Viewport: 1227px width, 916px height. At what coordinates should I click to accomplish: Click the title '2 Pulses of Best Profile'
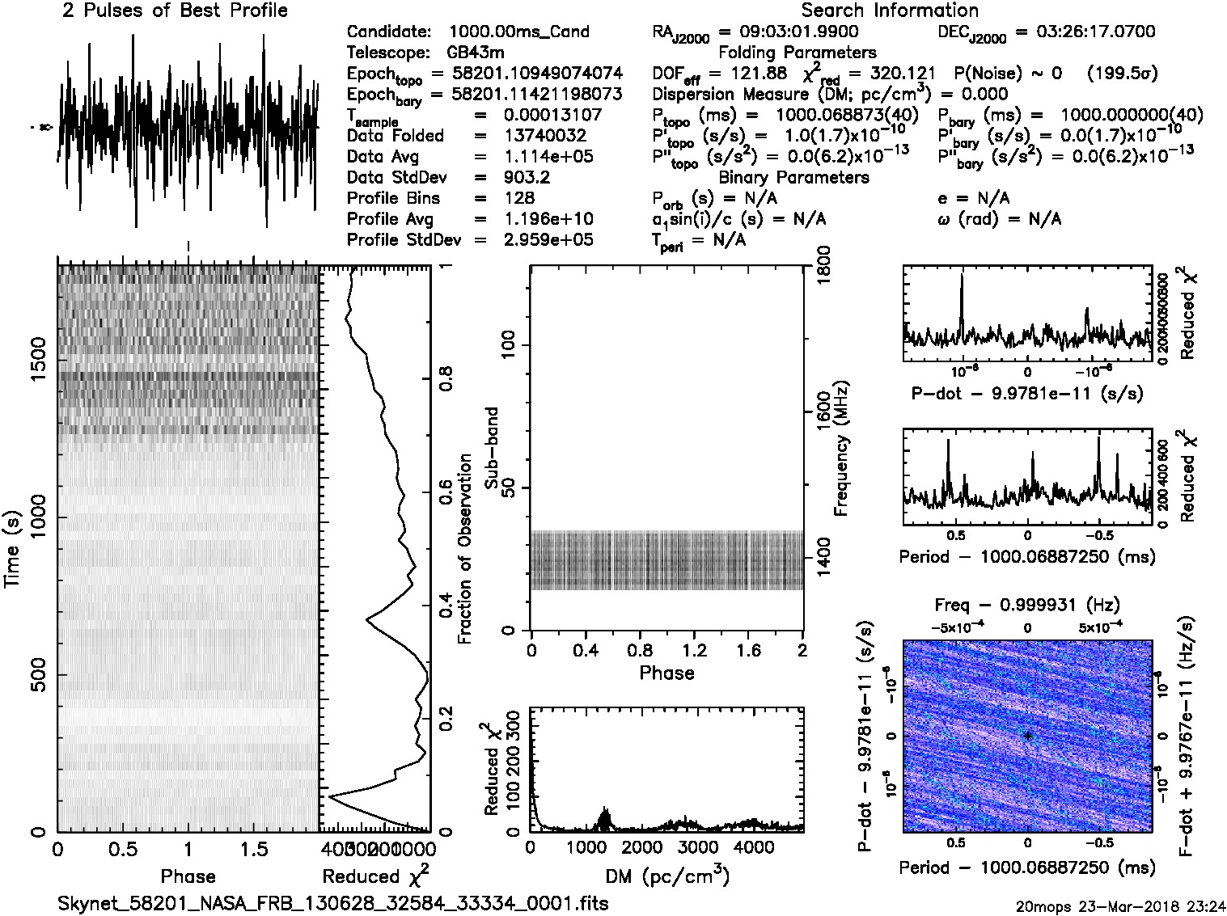(x=175, y=11)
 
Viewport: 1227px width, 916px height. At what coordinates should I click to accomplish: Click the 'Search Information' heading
(x=889, y=11)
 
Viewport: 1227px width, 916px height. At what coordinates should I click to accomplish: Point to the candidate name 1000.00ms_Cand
(x=518, y=32)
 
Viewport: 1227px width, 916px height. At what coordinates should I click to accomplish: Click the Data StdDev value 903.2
(x=527, y=177)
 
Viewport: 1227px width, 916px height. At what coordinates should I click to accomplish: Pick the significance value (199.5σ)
(x=1122, y=74)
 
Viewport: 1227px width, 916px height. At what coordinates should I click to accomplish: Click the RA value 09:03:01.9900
(x=788, y=32)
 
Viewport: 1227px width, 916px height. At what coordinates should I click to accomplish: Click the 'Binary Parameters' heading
(x=793, y=177)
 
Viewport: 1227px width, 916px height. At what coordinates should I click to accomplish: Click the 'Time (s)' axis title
(x=12, y=549)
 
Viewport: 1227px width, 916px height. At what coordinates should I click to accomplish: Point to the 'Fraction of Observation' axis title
(x=464, y=548)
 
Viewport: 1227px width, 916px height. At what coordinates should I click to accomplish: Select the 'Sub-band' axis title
(x=492, y=447)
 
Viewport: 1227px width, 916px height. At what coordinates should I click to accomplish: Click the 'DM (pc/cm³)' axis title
(x=667, y=876)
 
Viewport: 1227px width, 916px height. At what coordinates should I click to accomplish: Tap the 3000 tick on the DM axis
(x=697, y=846)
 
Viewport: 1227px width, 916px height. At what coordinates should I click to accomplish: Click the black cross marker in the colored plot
(x=1027, y=736)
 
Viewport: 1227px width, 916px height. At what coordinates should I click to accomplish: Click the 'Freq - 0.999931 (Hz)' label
(x=1027, y=605)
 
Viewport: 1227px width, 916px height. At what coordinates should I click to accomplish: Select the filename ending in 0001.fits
(x=332, y=903)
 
